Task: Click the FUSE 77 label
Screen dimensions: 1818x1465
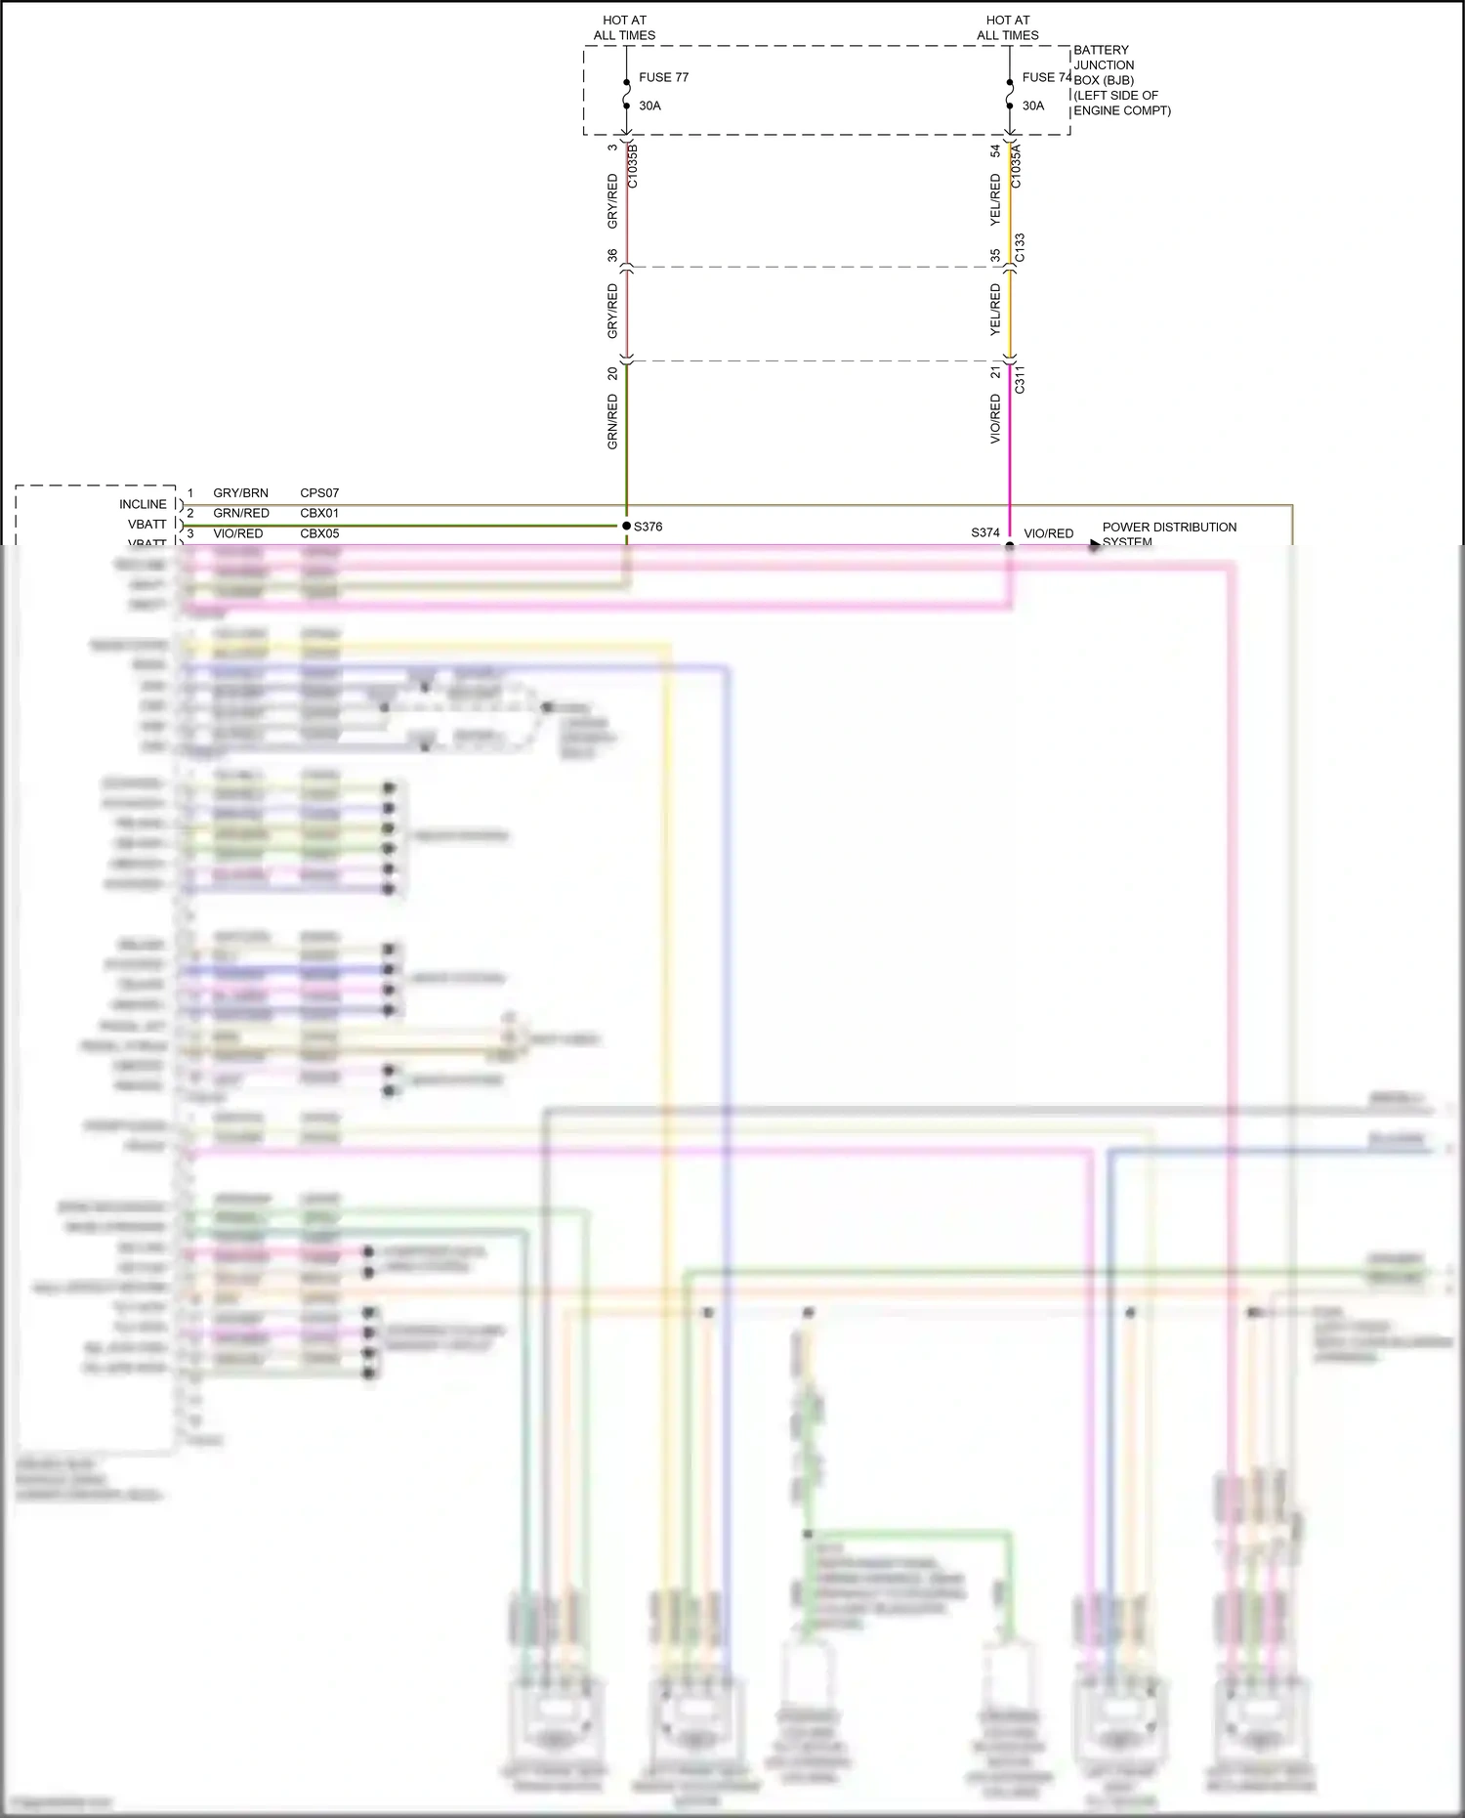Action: (x=663, y=77)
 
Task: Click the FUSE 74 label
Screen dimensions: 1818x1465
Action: (x=1046, y=77)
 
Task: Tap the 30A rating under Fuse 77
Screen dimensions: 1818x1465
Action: (x=649, y=106)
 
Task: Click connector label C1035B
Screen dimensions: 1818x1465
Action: (x=632, y=166)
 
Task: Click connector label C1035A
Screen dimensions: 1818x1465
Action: (x=1016, y=166)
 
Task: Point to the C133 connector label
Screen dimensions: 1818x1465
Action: (x=1020, y=247)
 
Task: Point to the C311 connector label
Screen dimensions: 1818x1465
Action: (x=1020, y=380)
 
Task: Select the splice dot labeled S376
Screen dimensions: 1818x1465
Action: (x=626, y=526)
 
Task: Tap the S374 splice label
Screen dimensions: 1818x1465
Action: (x=984, y=532)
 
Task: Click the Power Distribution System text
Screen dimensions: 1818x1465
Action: (x=1168, y=533)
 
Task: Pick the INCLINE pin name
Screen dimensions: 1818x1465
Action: (x=143, y=504)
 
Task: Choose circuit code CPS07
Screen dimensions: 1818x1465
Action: (x=319, y=493)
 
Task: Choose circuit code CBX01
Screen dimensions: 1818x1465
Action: (x=319, y=513)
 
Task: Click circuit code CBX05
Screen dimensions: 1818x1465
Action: (x=319, y=533)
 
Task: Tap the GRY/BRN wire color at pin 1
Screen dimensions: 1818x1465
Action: (x=240, y=493)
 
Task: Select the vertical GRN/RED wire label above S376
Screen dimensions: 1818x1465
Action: (x=612, y=421)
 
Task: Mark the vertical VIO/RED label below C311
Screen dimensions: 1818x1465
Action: (x=995, y=419)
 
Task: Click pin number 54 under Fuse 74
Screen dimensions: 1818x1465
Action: (x=995, y=150)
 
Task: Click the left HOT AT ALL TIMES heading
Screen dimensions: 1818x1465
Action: (x=624, y=27)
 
